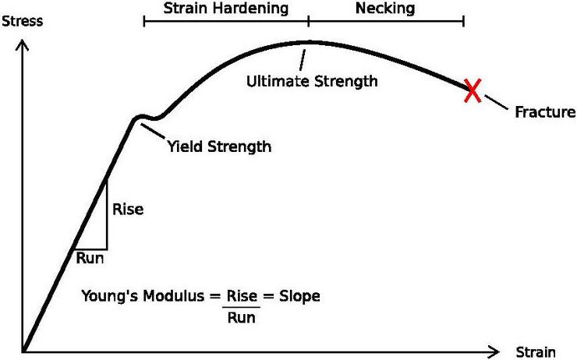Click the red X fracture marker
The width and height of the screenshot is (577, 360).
click(472, 90)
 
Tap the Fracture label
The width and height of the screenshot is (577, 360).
click(544, 112)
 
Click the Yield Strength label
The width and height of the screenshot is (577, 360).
click(219, 146)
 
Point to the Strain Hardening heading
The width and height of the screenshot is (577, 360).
click(226, 9)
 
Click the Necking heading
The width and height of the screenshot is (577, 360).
click(384, 9)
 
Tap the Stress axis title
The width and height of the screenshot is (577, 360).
click(23, 21)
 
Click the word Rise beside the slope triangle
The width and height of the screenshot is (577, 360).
click(129, 210)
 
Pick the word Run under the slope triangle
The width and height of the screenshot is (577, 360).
click(90, 256)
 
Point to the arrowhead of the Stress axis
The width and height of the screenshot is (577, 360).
click(25, 45)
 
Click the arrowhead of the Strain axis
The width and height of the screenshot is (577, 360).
click(493, 351)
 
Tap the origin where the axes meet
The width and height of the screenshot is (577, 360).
click(25, 351)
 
